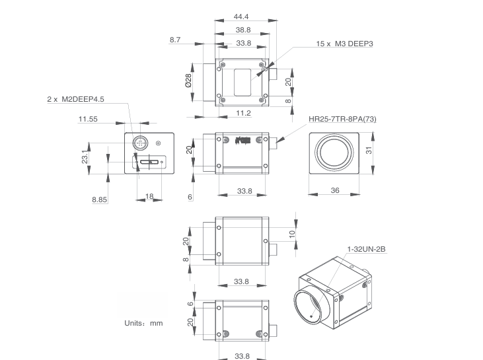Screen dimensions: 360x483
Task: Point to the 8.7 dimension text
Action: (175, 40)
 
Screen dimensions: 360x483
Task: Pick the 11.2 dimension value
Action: (242, 114)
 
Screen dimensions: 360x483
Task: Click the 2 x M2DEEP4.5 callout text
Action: (75, 99)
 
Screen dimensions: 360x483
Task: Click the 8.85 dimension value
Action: (100, 199)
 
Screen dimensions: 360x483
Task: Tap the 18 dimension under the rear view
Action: (149, 197)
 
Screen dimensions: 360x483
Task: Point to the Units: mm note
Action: (143, 323)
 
